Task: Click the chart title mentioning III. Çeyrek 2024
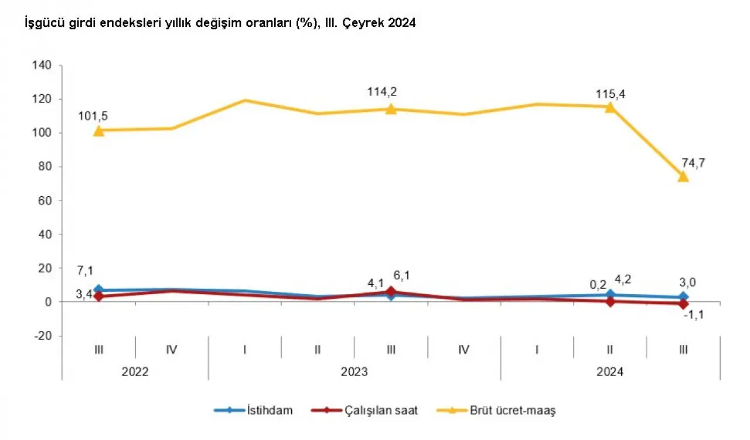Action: click(x=220, y=23)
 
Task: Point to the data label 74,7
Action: click(x=693, y=162)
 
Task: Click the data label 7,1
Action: click(x=84, y=270)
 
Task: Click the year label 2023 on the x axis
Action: click(x=354, y=372)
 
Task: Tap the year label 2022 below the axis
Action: click(x=135, y=372)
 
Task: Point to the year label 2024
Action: click(x=610, y=372)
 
